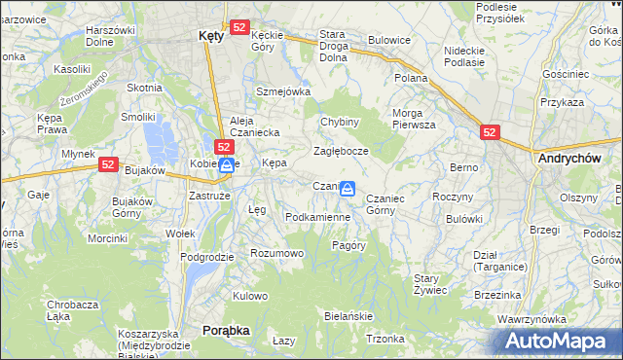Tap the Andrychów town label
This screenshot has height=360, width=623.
pyautogui.click(x=576, y=157)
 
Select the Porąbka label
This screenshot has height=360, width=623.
pyautogui.click(x=226, y=330)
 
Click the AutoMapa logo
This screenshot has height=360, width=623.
pyautogui.click(x=557, y=342)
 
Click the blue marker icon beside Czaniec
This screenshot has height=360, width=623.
pyautogui.click(x=348, y=189)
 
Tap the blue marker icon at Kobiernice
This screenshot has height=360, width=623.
pyautogui.click(x=226, y=165)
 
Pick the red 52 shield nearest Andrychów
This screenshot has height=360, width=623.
pyautogui.click(x=490, y=132)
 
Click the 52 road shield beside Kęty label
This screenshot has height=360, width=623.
pyautogui.click(x=240, y=28)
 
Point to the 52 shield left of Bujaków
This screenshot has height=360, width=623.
pyautogui.click(x=108, y=165)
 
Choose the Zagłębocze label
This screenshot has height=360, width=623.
pyautogui.click(x=340, y=152)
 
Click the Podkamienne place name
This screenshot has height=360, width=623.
pyautogui.click(x=317, y=217)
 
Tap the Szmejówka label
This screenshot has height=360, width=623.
pyautogui.click(x=282, y=91)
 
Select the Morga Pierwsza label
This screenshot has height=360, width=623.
pyautogui.click(x=414, y=119)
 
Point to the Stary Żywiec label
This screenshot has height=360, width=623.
pyautogui.click(x=429, y=284)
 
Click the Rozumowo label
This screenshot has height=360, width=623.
pyautogui.click(x=277, y=253)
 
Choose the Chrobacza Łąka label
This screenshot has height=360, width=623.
pyautogui.click(x=72, y=310)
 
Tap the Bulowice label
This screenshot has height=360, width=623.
pyautogui.click(x=388, y=41)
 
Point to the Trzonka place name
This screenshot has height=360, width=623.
pyautogui.click(x=385, y=339)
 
